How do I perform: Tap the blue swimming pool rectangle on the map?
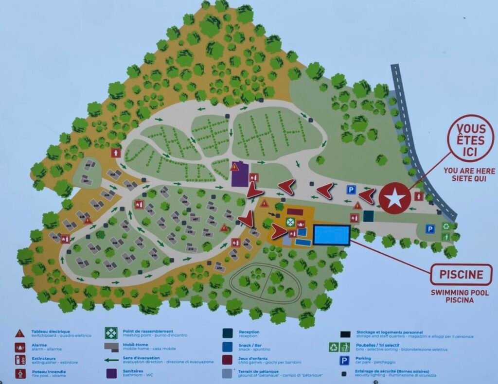331,235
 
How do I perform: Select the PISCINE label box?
461,275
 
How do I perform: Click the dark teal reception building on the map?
368,216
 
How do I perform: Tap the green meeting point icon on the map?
290,222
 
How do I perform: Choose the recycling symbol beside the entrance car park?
445,226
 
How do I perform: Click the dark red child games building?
295,212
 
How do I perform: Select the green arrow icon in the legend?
112,360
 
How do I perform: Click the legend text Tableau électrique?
47,332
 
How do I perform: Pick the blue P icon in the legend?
344,360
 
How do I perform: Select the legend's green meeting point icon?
112,333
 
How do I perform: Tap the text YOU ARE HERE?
469,171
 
